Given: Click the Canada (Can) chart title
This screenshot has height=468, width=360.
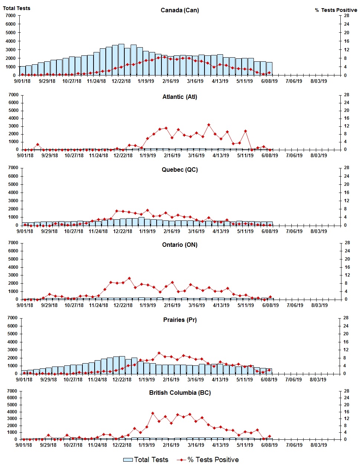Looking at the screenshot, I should pos(180,10).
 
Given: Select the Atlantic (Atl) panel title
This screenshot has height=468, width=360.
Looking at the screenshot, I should pos(180,97).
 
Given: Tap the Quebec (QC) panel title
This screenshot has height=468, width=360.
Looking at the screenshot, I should pos(180,170).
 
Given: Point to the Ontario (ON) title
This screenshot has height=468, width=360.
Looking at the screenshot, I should pos(180,245).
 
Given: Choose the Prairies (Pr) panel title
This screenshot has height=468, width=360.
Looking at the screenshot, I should pos(180,320).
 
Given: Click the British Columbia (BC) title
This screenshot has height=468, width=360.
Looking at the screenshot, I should pos(180,393).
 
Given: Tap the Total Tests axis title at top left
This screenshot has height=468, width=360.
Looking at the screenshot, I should pos(17,8).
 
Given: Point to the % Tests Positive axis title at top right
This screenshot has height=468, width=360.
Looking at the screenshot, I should pos(336,10).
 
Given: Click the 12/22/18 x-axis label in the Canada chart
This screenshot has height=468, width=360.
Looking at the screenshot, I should pos(121,81).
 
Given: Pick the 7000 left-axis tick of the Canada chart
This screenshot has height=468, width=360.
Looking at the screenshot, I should pos(11,16).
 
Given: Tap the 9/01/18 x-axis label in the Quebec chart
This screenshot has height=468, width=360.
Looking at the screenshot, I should pos(25,232).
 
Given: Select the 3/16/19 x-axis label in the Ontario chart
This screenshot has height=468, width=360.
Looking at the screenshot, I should pos(196,306).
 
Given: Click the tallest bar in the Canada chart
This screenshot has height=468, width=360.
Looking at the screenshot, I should pos(121,59).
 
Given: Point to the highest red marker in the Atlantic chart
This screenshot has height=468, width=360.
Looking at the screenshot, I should pos(209,125).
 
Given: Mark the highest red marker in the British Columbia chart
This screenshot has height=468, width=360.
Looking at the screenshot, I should pos(153,413).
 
